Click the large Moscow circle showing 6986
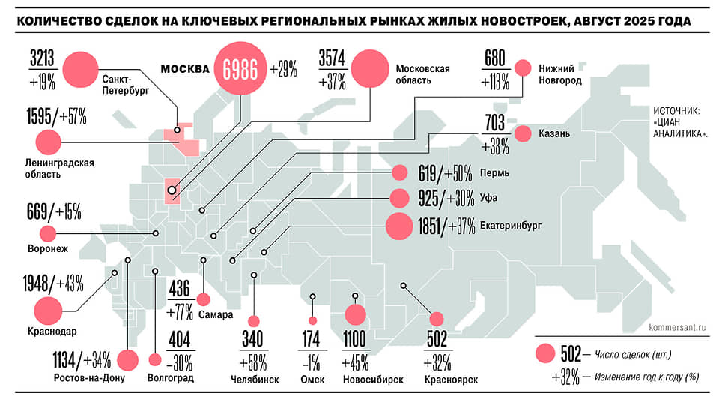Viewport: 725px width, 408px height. click(240, 70)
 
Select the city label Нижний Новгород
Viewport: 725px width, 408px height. click(559, 73)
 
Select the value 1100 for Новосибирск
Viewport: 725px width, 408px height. click(356, 340)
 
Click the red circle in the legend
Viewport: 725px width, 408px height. click(546, 353)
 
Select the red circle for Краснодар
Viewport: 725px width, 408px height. click(47, 308)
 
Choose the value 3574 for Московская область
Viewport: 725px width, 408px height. click(332, 58)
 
